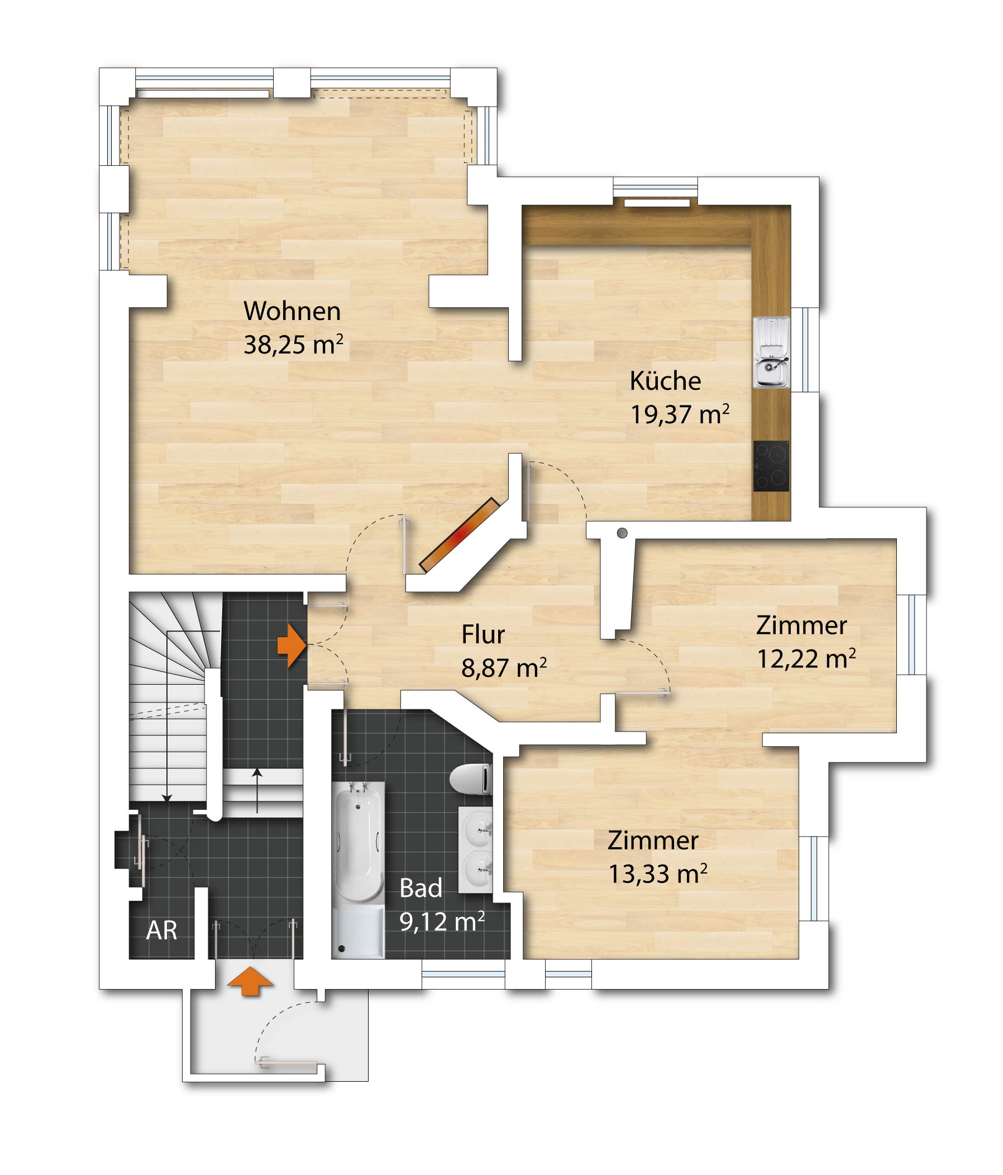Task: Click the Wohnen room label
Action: [x=292, y=311]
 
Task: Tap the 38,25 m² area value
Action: [x=293, y=344]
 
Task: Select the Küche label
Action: [x=665, y=380]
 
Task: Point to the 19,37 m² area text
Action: [x=680, y=414]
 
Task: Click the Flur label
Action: [x=483, y=634]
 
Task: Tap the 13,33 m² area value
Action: [x=658, y=874]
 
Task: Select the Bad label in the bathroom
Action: [x=421, y=888]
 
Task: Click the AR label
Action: [x=161, y=930]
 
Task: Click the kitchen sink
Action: [x=771, y=352]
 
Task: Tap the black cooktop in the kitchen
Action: [x=771, y=466]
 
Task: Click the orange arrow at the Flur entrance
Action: [x=292, y=646]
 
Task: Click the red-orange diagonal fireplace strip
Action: [x=458, y=533]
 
